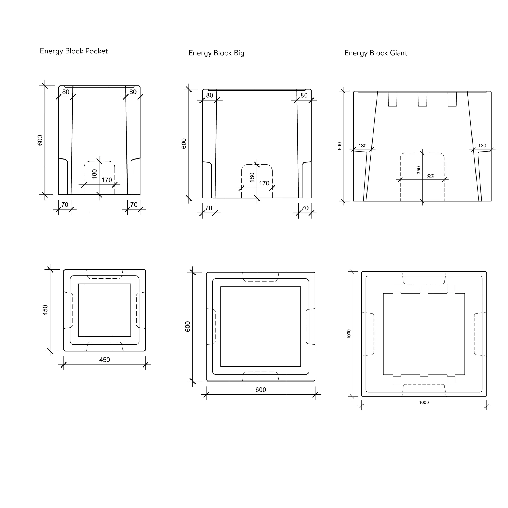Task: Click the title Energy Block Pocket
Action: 74,51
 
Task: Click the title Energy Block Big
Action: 216,53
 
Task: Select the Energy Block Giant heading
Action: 376,53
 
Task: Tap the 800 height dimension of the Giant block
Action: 339,146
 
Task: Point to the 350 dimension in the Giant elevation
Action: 419,170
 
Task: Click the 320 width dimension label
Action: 430,176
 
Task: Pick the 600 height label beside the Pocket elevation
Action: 40,140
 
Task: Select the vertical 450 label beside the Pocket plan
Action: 45,310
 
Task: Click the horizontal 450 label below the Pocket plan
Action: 105,360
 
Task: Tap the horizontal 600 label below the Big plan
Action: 261,390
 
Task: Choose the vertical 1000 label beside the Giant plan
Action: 349,334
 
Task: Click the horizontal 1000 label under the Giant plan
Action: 424,402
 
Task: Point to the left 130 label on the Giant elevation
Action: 362,146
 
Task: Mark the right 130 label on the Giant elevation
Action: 482,146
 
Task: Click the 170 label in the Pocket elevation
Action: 107,180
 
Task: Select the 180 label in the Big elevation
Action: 252,177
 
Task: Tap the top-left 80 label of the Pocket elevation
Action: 66,92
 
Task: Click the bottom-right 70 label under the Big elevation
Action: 305,208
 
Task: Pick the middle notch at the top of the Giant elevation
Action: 422,99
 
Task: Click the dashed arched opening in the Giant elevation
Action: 422,177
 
